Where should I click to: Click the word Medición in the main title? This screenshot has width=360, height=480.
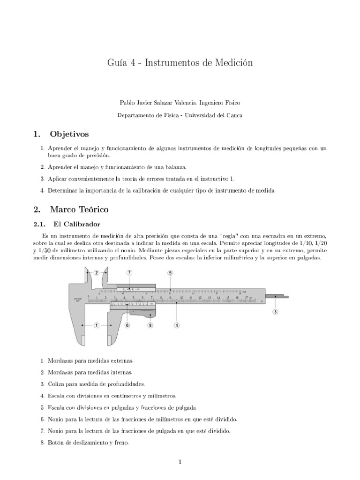233,63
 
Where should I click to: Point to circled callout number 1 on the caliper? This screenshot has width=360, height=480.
96,324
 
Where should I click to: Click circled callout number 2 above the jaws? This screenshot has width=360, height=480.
96,272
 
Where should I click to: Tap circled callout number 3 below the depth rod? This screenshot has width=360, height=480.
275,311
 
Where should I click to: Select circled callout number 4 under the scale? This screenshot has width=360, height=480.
176,324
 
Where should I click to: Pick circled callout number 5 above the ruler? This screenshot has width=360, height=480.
170,272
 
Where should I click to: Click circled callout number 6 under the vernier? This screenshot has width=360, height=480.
127,324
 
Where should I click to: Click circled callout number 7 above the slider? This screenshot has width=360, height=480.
129,272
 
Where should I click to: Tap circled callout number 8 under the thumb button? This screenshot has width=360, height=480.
150,324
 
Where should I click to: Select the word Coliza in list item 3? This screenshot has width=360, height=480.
56,383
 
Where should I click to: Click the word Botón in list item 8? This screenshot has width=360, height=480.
56,442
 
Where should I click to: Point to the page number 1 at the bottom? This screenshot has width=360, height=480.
180,462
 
